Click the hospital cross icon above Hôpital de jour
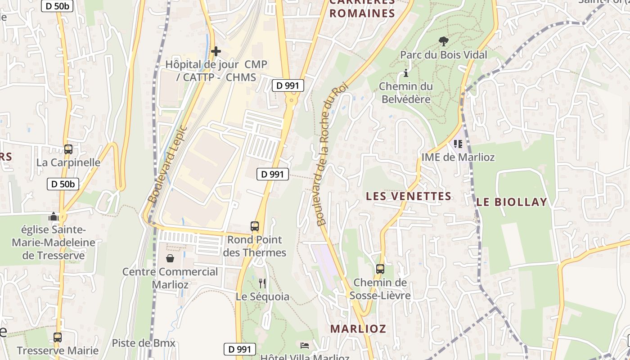point(216,51)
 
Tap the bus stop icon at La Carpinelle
point(68,149)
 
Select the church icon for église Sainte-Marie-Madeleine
point(54,217)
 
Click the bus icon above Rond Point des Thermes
point(255,226)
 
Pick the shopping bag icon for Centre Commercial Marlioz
point(170,258)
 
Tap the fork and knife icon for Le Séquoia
point(262,283)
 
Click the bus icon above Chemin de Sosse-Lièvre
point(380,269)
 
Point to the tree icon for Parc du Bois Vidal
point(443,41)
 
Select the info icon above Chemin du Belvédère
point(406,73)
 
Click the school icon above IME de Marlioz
point(458,144)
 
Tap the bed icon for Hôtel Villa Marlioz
point(305,346)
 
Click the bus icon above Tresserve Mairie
point(58,337)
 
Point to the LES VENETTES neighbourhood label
point(408,196)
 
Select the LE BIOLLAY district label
point(512,202)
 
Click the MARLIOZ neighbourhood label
point(358,328)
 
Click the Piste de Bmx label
point(144,343)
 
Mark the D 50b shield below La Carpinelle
point(63,184)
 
